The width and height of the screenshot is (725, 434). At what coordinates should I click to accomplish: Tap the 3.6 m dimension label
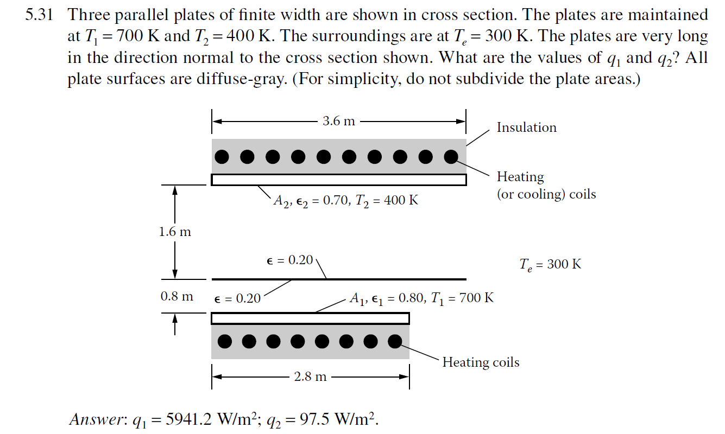tap(338, 120)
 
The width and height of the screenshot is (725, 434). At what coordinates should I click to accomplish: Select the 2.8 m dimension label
tap(310, 376)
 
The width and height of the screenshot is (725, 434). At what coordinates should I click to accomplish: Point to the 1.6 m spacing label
tap(175, 232)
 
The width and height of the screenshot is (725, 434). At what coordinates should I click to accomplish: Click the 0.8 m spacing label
tap(176, 297)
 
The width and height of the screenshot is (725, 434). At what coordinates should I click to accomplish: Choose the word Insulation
tap(526, 127)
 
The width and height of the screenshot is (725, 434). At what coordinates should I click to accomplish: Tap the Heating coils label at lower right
tap(481, 362)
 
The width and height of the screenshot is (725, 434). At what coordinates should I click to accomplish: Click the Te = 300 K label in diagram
tap(550, 264)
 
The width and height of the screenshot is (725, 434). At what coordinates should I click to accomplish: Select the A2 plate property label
tap(345, 201)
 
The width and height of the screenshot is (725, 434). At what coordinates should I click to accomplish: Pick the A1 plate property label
tap(421, 298)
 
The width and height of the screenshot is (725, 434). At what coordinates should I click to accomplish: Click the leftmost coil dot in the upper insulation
tap(222, 157)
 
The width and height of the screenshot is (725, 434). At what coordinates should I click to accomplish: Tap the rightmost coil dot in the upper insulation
tap(451, 157)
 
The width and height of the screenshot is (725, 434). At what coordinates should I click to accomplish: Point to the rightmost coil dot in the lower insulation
tap(395, 341)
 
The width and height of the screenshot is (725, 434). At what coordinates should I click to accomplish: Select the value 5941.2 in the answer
tap(180, 419)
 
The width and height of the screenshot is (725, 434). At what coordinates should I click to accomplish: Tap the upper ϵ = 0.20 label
tap(291, 260)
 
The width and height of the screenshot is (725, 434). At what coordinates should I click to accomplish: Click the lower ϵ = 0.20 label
tap(237, 298)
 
